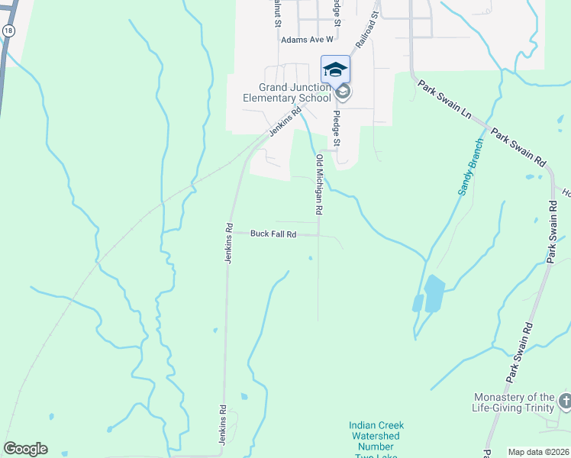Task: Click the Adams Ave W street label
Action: [x=307, y=39]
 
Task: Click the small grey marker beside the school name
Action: [x=343, y=92]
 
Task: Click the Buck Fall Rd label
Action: [x=273, y=234]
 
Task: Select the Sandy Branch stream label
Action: [x=471, y=166]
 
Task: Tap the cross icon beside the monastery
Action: [x=565, y=400]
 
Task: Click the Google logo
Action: [x=25, y=449]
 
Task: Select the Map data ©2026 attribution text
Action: [x=539, y=452]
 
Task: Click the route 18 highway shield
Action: [x=8, y=30]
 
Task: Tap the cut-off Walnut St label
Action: [x=276, y=11]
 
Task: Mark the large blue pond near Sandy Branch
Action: [x=433, y=293]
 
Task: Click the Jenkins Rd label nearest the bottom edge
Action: [x=224, y=424]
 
